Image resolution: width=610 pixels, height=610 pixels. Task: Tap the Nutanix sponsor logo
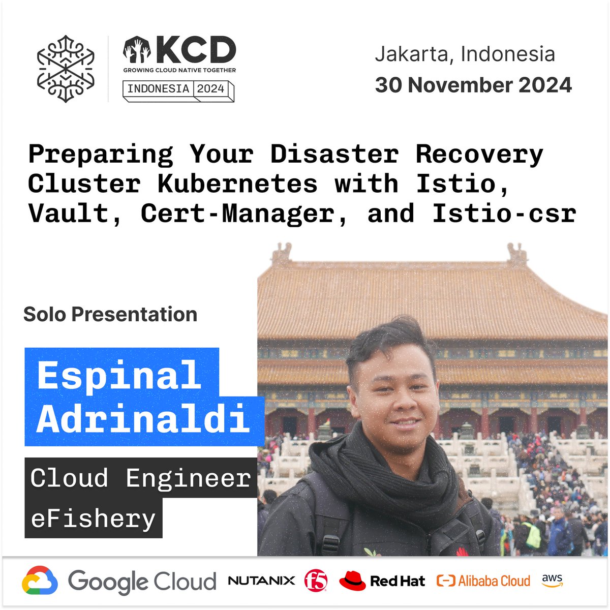(x=261, y=581)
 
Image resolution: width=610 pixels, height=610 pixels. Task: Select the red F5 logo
(x=316, y=581)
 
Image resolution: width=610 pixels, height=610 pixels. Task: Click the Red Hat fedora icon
(x=352, y=580)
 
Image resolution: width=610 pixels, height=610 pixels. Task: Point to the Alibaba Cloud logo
(x=483, y=581)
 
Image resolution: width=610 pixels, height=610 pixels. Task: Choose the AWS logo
(x=552, y=580)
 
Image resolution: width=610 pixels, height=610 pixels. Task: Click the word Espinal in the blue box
(x=119, y=375)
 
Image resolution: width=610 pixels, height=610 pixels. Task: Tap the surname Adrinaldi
(x=143, y=420)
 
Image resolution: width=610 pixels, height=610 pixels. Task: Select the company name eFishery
(x=93, y=518)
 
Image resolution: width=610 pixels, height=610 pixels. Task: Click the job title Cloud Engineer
(x=140, y=478)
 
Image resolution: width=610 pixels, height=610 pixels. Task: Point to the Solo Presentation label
(x=110, y=314)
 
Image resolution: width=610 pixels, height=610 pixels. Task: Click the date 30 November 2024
(x=473, y=85)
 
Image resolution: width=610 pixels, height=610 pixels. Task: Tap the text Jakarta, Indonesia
(x=465, y=54)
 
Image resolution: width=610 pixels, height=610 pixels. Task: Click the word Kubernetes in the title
(x=237, y=184)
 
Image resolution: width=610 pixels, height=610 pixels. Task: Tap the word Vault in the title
(x=68, y=213)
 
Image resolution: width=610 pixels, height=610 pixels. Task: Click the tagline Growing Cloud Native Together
(x=179, y=70)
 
